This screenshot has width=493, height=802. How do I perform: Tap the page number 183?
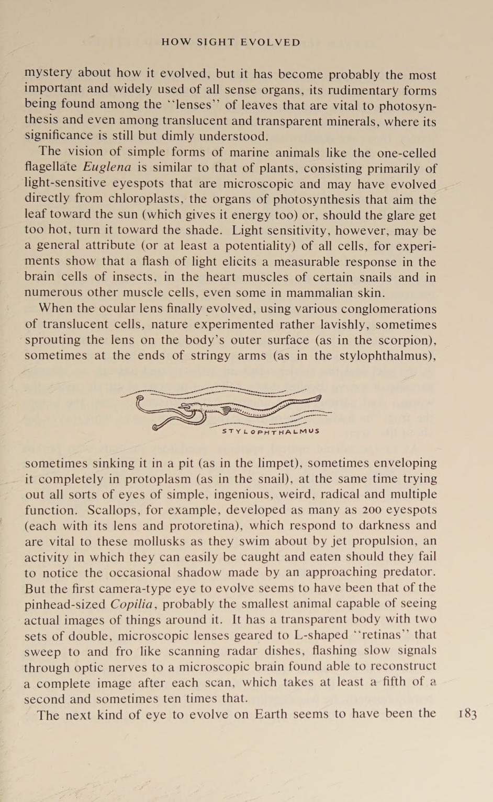click(467, 715)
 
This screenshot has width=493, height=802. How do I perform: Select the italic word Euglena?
click(107, 168)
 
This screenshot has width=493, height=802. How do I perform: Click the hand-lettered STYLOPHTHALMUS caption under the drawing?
click(270, 431)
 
